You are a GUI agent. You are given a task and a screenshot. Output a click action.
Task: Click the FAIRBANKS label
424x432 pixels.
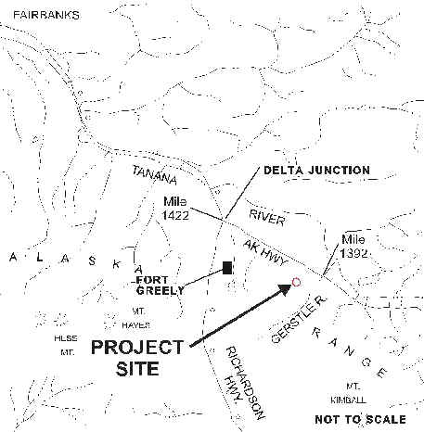(46, 15)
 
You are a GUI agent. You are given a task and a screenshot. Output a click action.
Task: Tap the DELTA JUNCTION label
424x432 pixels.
(316, 171)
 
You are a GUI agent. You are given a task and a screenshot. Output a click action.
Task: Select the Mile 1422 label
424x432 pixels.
(175, 209)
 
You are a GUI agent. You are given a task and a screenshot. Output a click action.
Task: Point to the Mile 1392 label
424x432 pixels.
(353, 247)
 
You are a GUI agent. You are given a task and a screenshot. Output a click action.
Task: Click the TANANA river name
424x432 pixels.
(155, 175)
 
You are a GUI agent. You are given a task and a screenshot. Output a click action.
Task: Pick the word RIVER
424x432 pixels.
(267, 217)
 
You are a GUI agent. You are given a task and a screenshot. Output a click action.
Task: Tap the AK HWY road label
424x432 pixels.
(265, 253)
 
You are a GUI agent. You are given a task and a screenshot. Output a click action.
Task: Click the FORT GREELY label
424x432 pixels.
(161, 286)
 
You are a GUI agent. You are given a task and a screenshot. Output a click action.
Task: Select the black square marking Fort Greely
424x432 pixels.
(227, 268)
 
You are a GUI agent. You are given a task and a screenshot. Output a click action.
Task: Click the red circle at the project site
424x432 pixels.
(296, 282)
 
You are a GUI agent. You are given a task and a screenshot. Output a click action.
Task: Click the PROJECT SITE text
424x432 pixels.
(137, 358)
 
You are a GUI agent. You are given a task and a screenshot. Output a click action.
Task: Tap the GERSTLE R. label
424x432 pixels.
(299, 319)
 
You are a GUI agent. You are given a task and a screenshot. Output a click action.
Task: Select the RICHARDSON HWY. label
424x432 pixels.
(244, 382)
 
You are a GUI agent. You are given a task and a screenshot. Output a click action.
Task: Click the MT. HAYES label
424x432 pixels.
(135, 318)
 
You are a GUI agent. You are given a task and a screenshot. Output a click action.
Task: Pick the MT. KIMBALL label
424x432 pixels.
(349, 393)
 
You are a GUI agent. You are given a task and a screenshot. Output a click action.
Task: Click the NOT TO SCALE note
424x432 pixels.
(360, 419)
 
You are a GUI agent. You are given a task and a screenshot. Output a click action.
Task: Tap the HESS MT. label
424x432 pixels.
(66, 345)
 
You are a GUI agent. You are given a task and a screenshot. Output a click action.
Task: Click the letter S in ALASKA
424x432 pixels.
(92, 261)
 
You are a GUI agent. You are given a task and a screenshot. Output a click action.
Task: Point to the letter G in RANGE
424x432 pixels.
(366, 362)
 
